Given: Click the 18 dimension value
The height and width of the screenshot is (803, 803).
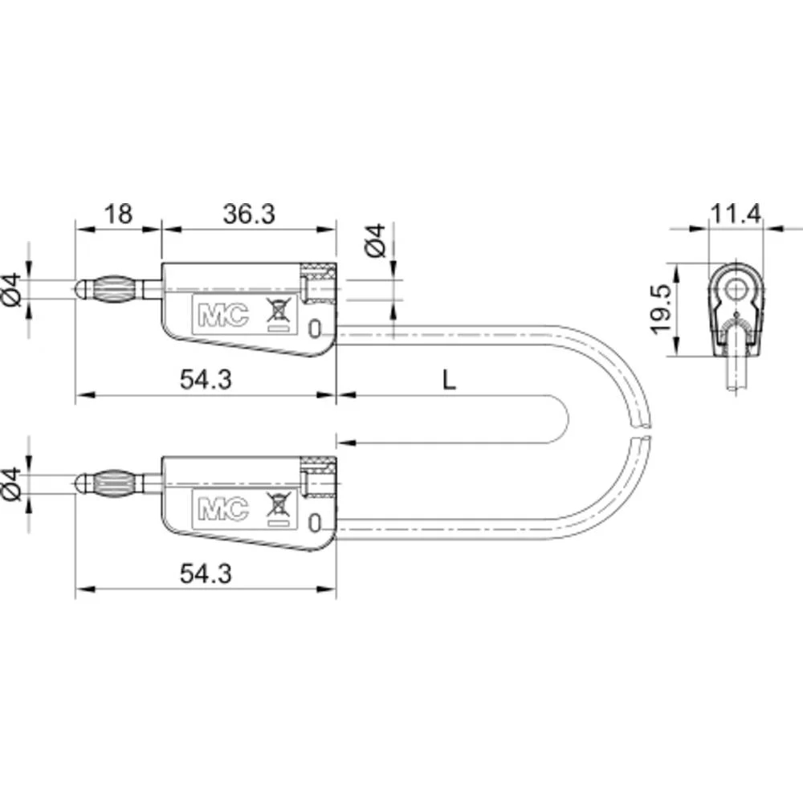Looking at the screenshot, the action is (118, 214).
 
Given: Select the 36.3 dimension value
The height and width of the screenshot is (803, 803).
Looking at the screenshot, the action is (249, 214).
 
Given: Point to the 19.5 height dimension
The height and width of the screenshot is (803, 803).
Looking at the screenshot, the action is (660, 309).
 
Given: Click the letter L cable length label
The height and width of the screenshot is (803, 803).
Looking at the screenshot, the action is (449, 380).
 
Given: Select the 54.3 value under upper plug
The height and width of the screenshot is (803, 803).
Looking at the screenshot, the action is (206, 380).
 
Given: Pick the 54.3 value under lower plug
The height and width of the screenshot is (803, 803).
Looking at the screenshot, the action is (206, 573).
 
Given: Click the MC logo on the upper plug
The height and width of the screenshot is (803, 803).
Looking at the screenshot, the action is (223, 315).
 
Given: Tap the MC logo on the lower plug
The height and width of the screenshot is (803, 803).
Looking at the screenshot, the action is (223, 509).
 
